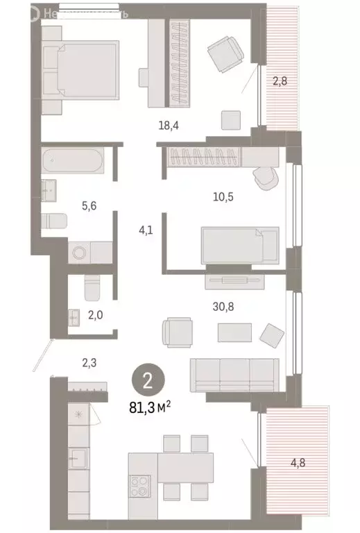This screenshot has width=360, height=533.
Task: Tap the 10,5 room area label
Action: point(223,196)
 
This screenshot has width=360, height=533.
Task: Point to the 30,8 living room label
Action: point(223,303)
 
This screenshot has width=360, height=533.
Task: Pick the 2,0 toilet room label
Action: point(95,314)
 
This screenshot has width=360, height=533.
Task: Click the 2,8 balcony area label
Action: point(280,81)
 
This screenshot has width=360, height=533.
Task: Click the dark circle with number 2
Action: point(147,380)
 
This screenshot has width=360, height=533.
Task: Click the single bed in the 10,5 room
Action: point(239,244)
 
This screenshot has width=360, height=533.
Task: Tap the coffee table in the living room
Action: point(234,332)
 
